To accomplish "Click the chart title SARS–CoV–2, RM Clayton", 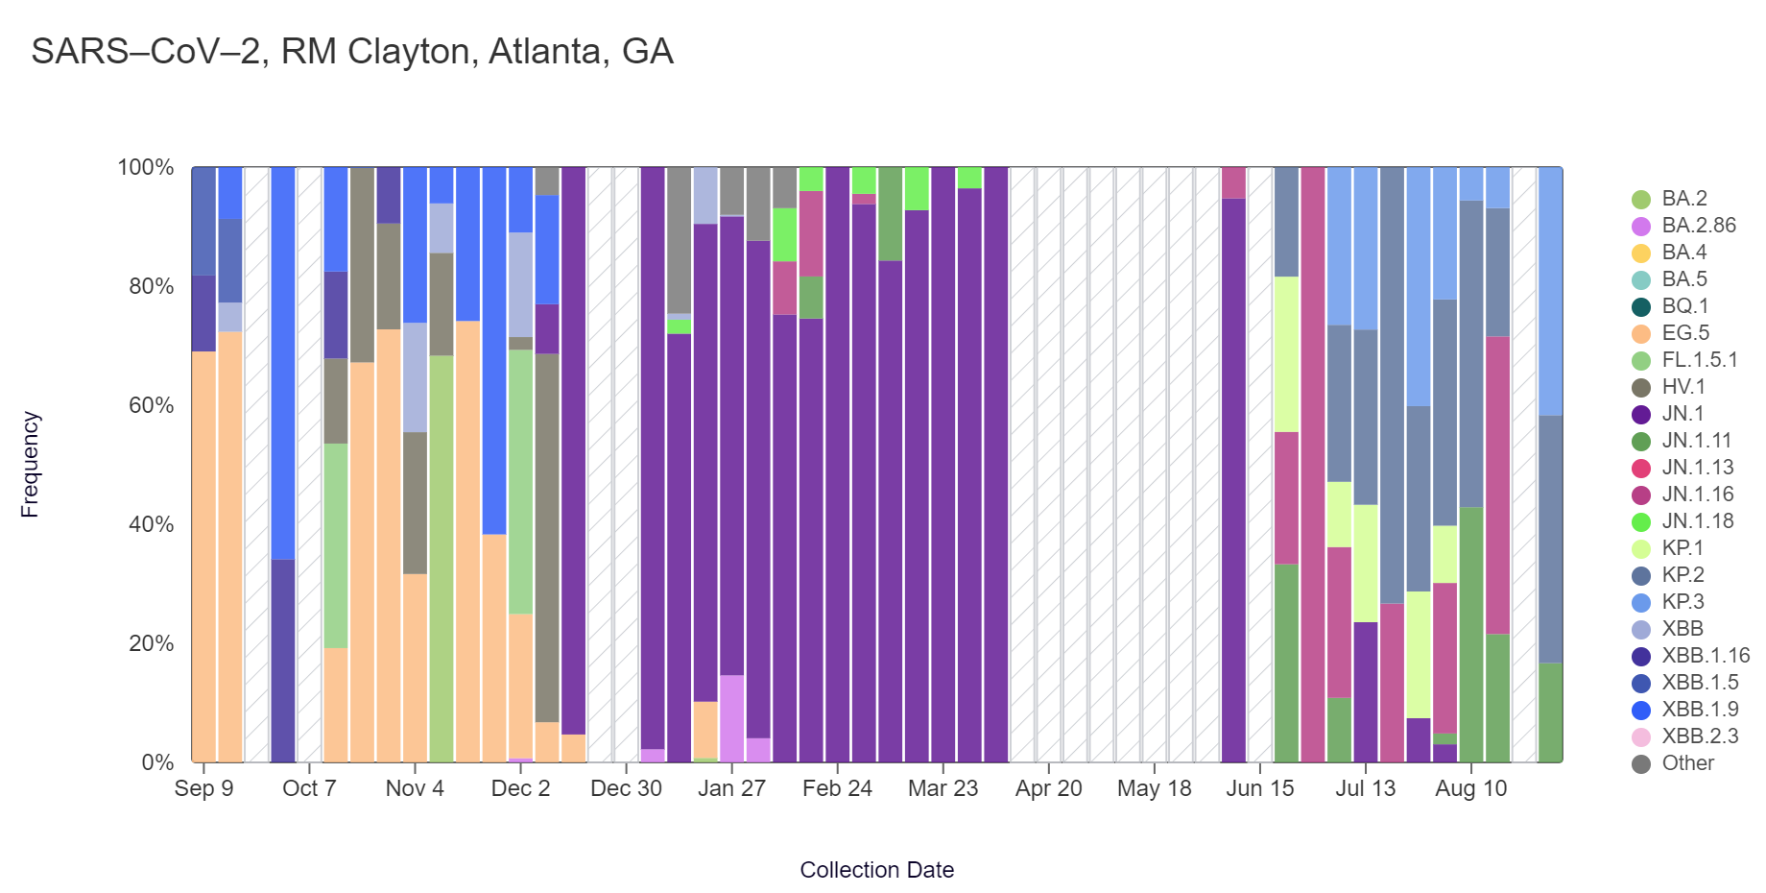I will [x=351, y=52].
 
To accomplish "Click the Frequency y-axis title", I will [x=30, y=465].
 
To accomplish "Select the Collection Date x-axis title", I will [x=876, y=870].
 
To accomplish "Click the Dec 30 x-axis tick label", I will [x=626, y=788].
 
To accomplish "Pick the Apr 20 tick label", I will [x=1048, y=788].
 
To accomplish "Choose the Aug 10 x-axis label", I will [x=1470, y=788].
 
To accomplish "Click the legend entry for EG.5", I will [x=1685, y=333].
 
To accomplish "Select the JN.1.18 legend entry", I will [x=1697, y=521].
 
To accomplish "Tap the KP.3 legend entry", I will [x=1682, y=602].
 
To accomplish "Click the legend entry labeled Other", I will [x=1687, y=763].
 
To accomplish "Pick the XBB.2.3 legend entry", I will [x=1700, y=736].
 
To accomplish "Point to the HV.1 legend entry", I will [x=1683, y=387].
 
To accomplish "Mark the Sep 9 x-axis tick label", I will [x=203, y=788].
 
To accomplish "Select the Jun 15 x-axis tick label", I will [x=1259, y=788].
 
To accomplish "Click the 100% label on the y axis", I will [x=146, y=167].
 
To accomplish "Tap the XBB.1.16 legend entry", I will [x=1706, y=656].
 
